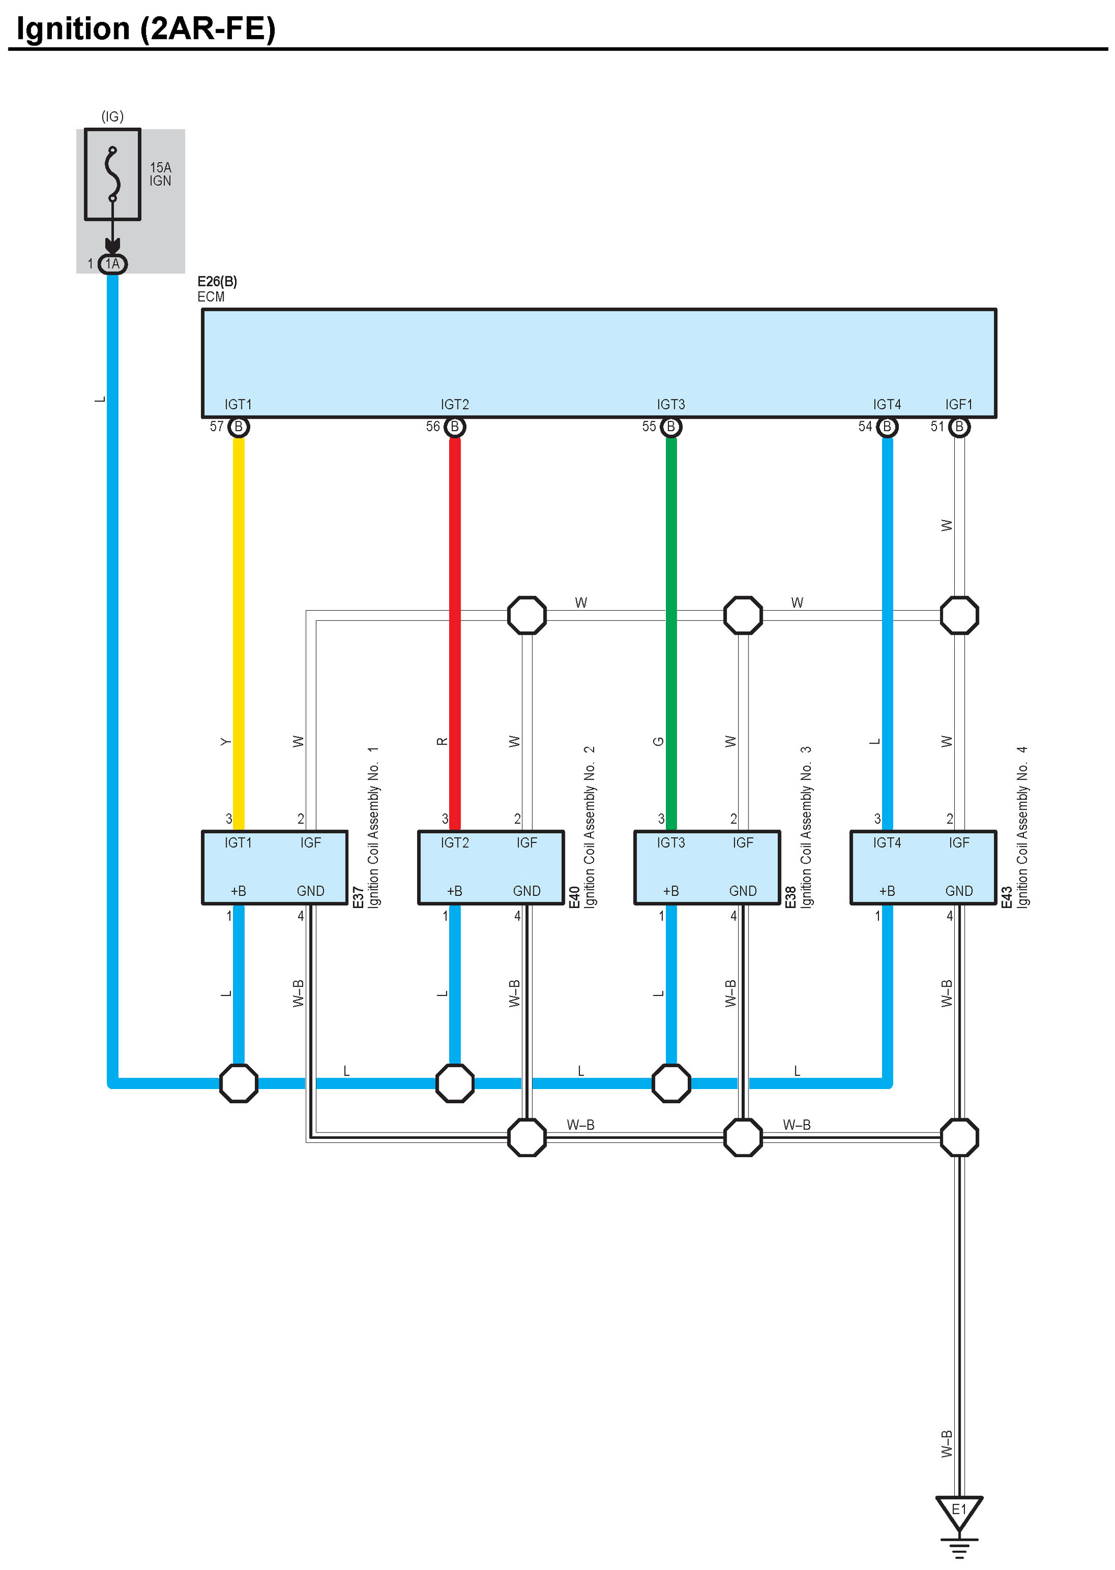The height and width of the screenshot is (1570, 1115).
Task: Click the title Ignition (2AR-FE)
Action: [x=146, y=29]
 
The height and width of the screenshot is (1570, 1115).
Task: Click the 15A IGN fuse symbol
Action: [x=113, y=174]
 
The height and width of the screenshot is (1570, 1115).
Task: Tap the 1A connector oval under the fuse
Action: [x=113, y=263]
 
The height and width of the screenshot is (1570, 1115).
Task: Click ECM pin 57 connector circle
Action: [x=238, y=427]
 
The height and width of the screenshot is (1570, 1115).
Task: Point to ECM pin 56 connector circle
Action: [x=454, y=427]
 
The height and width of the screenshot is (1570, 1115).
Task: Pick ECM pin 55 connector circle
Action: [x=671, y=427]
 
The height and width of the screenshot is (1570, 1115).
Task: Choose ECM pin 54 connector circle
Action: [x=887, y=427]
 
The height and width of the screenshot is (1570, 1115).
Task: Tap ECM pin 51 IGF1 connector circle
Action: [x=959, y=427]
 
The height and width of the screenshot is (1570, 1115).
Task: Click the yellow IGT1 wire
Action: [x=238, y=634]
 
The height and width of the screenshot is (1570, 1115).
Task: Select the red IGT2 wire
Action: [x=454, y=634]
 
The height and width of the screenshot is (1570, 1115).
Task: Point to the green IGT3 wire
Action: [x=671, y=634]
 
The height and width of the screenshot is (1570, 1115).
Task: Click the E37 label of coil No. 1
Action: [x=358, y=897]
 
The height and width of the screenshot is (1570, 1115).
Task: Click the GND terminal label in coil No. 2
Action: [x=527, y=891]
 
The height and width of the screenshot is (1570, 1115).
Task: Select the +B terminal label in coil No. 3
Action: [x=671, y=891]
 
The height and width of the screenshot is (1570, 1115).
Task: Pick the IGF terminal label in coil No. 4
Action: [x=959, y=843]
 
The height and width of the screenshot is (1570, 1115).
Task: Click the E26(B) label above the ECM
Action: [x=217, y=282]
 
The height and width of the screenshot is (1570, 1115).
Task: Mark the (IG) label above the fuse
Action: [x=113, y=117]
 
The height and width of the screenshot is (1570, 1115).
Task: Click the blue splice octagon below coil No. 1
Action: [x=238, y=1083]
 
